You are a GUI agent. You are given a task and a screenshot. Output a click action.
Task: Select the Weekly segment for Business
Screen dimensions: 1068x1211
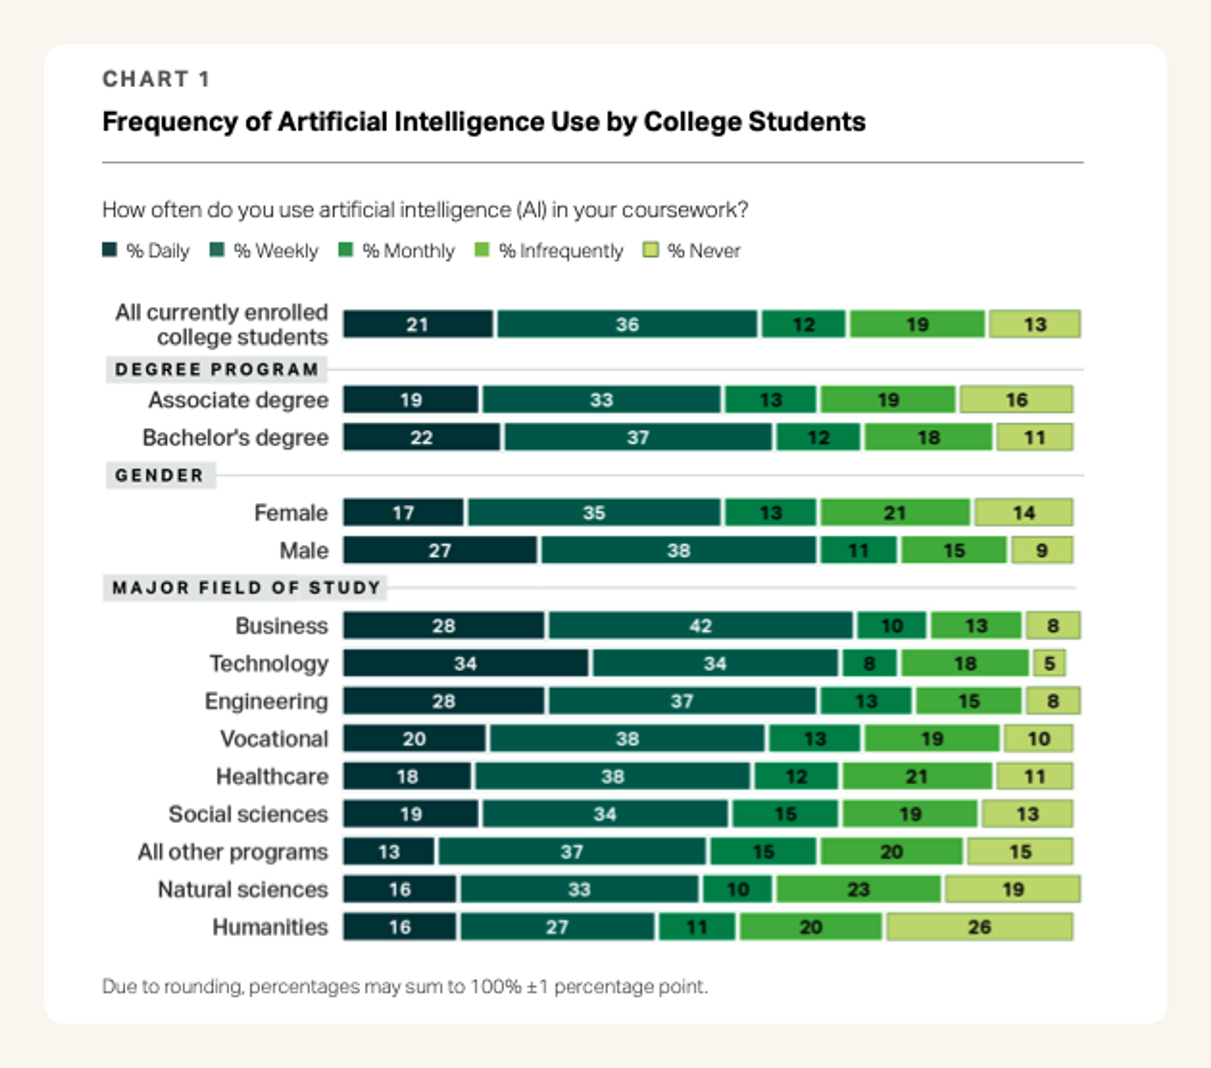pyautogui.click(x=700, y=626)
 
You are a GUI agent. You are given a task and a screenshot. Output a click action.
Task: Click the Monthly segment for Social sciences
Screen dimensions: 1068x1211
pyautogui.click(x=785, y=814)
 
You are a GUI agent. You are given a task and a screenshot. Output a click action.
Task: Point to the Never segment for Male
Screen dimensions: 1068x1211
pyautogui.click(x=1042, y=551)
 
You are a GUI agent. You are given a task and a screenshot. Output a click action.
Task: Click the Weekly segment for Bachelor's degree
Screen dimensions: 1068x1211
pyautogui.click(x=638, y=437)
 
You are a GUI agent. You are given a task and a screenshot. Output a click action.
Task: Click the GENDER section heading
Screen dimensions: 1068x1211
pyautogui.click(x=159, y=476)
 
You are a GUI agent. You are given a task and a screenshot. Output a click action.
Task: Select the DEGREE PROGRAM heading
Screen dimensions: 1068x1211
pyautogui.click(x=217, y=369)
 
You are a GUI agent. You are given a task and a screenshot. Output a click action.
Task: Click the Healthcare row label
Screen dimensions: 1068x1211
pyautogui.click(x=272, y=776)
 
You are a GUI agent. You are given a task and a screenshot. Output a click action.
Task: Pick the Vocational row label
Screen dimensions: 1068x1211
pyautogui.click(x=274, y=739)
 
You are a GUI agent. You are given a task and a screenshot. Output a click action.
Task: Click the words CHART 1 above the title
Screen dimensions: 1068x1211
pyautogui.click(x=156, y=79)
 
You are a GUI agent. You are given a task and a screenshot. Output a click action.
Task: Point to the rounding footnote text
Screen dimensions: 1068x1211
pyautogui.click(x=405, y=986)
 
